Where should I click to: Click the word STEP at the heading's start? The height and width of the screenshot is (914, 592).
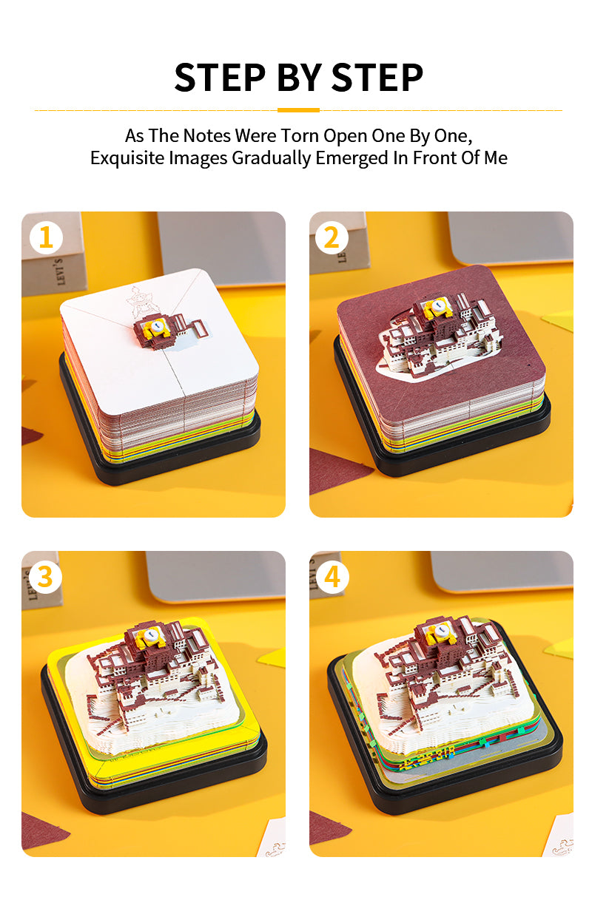tap(220, 77)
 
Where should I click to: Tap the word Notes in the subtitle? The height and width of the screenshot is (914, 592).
tap(206, 136)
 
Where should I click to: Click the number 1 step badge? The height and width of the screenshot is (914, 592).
tap(46, 237)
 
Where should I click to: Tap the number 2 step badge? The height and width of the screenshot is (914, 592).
tap(331, 237)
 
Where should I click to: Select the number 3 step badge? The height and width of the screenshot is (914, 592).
tap(45, 577)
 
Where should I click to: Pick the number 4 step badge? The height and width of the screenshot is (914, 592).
tap(332, 577)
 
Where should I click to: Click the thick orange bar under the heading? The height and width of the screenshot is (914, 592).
tap(298, 110)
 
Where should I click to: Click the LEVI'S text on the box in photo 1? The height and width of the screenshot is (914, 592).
tap(60, 271)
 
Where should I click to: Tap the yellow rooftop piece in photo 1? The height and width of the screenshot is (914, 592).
tap(157, 328)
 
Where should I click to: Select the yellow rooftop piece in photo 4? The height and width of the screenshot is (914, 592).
tap(440, 633)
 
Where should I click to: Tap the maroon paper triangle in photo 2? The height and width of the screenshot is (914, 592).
tap(337, 470)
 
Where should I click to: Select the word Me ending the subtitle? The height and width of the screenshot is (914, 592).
tap(496, 158)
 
